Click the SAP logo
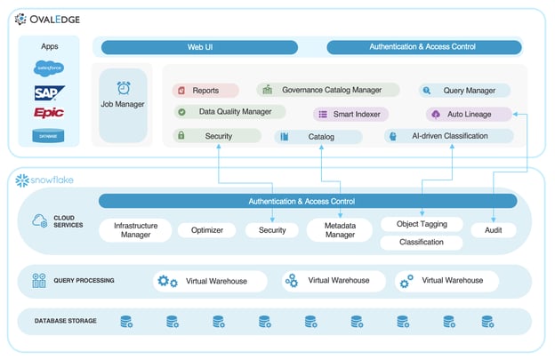(x=49, y=92)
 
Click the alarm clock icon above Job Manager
(x=123, y=88)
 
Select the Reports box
(x=205, y=91)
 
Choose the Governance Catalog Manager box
(x=323, y=90)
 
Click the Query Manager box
(x=464, y=91)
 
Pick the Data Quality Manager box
(x=229, y=112)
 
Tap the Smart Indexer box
(x=350, y=114)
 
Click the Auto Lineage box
(x=469, y=114)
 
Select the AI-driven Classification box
(x=449, y=136)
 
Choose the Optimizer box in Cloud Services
(x=207, y=230)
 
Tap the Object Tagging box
(x=422, y=224)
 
